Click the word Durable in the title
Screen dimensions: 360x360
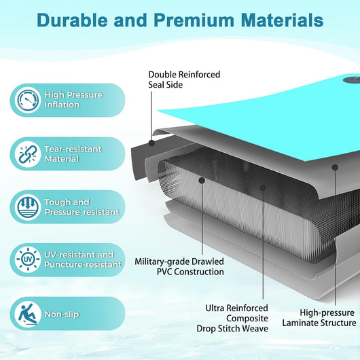[x=72, y=20]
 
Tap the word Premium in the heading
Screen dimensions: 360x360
[x=194, y=20]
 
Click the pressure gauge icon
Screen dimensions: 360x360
[x=28, y=100]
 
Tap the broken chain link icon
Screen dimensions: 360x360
[x=28, y=154]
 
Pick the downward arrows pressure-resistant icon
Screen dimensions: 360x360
[x=28, y=207]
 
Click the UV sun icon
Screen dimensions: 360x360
[x=28, y=259]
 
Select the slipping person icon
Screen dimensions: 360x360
[x=28, y=314]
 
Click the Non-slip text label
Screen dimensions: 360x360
[x=62, y=314]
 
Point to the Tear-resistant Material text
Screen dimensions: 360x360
[x=73, y=154]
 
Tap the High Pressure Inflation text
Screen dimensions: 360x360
[x=73, y=100]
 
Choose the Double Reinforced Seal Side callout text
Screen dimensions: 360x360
[x=184, y=79]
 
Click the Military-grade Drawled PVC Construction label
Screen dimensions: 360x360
[x=179, y=266]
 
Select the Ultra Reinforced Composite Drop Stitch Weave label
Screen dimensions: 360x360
[x=232, y=318]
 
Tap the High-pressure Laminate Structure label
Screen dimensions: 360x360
[x=319, y=318]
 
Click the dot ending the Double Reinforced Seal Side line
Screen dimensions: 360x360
[x=151, y=143]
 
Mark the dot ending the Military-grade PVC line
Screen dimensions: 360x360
[x=202, y=181]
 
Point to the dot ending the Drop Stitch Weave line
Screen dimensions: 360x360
[x=263, y=187]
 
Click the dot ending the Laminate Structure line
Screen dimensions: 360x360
[x=335, y=167]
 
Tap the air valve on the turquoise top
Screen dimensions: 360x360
[x=352, y=80]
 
